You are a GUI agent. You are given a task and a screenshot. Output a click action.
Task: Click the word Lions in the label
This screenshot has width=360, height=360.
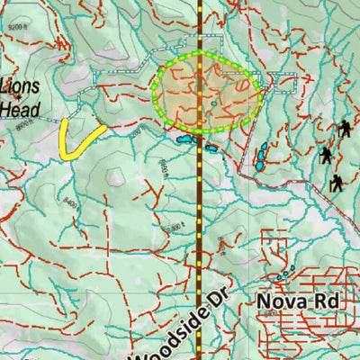(x=20, y=88)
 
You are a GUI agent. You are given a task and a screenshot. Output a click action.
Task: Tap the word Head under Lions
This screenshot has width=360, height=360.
(x=20, y=109)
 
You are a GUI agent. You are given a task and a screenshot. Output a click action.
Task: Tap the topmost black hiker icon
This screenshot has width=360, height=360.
(x=343, y=130)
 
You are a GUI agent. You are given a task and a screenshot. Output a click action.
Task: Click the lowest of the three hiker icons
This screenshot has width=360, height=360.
(x=336, y=183)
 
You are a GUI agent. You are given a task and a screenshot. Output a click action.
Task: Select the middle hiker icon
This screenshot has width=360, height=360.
(x=325, y=156)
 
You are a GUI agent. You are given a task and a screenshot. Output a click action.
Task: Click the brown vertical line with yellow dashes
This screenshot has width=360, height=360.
(x=199, y=225)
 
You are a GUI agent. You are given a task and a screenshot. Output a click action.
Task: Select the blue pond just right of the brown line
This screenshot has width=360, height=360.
(x=211, y=147)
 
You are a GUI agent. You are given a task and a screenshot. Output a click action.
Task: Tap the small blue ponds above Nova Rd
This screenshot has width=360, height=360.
(x=285, y=273)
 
